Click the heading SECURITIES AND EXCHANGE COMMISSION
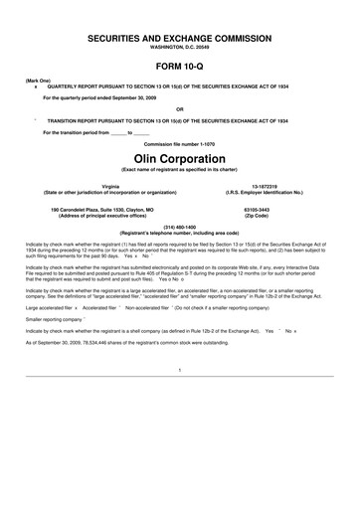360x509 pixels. pyautogui.click(x=180, y=35)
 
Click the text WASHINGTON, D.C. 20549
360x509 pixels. pyautogui.click(x=180, y=46)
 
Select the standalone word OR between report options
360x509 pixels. pyautogui.click(x=180, y=108)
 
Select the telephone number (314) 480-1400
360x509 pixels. pyautogui.click(x=180, y=227)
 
